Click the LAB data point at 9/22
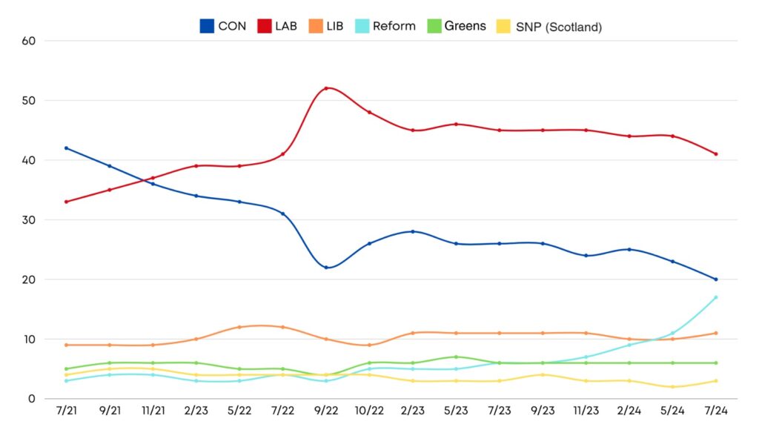326,88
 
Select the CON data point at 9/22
326,268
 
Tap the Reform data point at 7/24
716,297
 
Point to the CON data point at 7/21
67,148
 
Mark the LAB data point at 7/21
67,202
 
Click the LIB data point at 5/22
239,327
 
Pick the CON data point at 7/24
716,279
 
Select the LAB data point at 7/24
716,154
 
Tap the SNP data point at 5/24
673,387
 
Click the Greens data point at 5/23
456,357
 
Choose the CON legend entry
223,27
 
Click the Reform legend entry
385,27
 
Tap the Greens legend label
465,27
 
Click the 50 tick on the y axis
30,100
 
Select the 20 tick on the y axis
30,279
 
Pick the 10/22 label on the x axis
369,409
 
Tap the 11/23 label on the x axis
586,409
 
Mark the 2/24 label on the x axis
629,409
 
